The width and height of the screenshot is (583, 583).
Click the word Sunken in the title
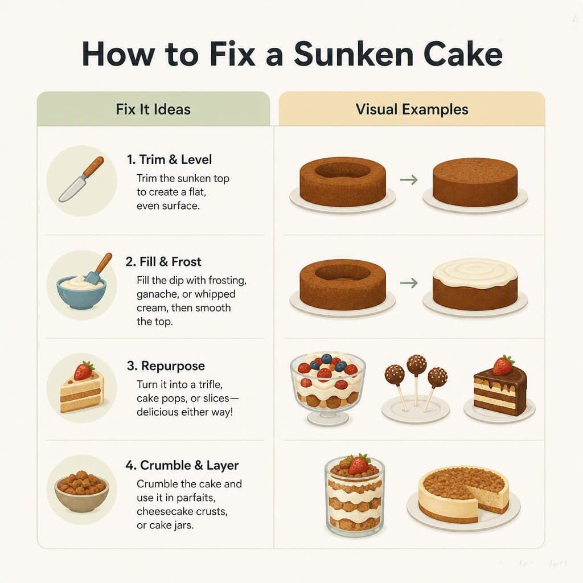click(x=354, y=54)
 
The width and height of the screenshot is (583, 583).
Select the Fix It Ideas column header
click(x=153, y=109)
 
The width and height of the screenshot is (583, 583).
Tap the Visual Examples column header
click(x=412, y=109)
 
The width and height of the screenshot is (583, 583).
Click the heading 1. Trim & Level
click(x=169, y=159)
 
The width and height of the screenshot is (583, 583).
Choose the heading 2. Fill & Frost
click(x=163, y=262)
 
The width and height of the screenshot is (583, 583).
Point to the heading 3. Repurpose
click(x=166, y=366)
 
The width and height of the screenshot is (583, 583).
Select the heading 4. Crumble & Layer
click(x=182, y=465)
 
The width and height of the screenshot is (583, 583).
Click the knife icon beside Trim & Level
click(x=81, y=179)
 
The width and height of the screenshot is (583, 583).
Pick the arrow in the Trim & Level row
click(x=409, y=180)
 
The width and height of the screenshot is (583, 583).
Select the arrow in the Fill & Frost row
click(x=409, y=284)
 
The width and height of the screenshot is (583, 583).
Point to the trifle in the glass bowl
click(x=327, y=388)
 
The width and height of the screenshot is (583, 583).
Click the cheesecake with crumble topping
click(x=463, y=495)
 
